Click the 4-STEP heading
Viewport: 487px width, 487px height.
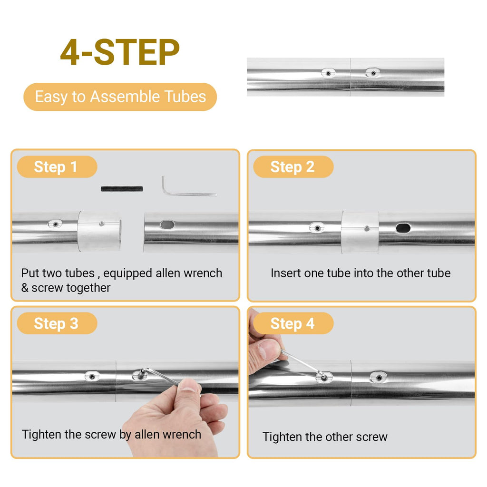(x=120, y=52)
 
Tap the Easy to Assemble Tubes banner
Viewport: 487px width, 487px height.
(x=120, y=97)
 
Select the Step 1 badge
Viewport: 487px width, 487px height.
(x=57, y=167)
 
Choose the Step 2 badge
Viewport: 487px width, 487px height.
(x=293, y=167)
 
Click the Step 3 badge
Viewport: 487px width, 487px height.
(x=57, y=323)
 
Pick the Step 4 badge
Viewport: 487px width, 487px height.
(x=293, y=323)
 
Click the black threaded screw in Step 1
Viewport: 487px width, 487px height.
(x=122, y=188)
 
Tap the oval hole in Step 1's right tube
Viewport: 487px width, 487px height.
(x=167, y=224)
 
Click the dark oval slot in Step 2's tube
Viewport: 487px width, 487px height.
(x=403, y=228)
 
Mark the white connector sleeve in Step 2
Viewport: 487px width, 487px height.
(x=360, y=233)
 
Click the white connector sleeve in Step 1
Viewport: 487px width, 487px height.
(x=99, y=231)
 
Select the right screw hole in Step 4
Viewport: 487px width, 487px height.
(x=378, y=377)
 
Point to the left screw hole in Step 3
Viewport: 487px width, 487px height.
(x=92, y=376)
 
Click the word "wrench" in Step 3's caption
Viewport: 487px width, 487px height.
(x=184, y=434)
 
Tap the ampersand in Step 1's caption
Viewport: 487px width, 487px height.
(x=25, y=288)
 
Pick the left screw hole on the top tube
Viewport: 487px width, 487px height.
(x=328, y=73)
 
